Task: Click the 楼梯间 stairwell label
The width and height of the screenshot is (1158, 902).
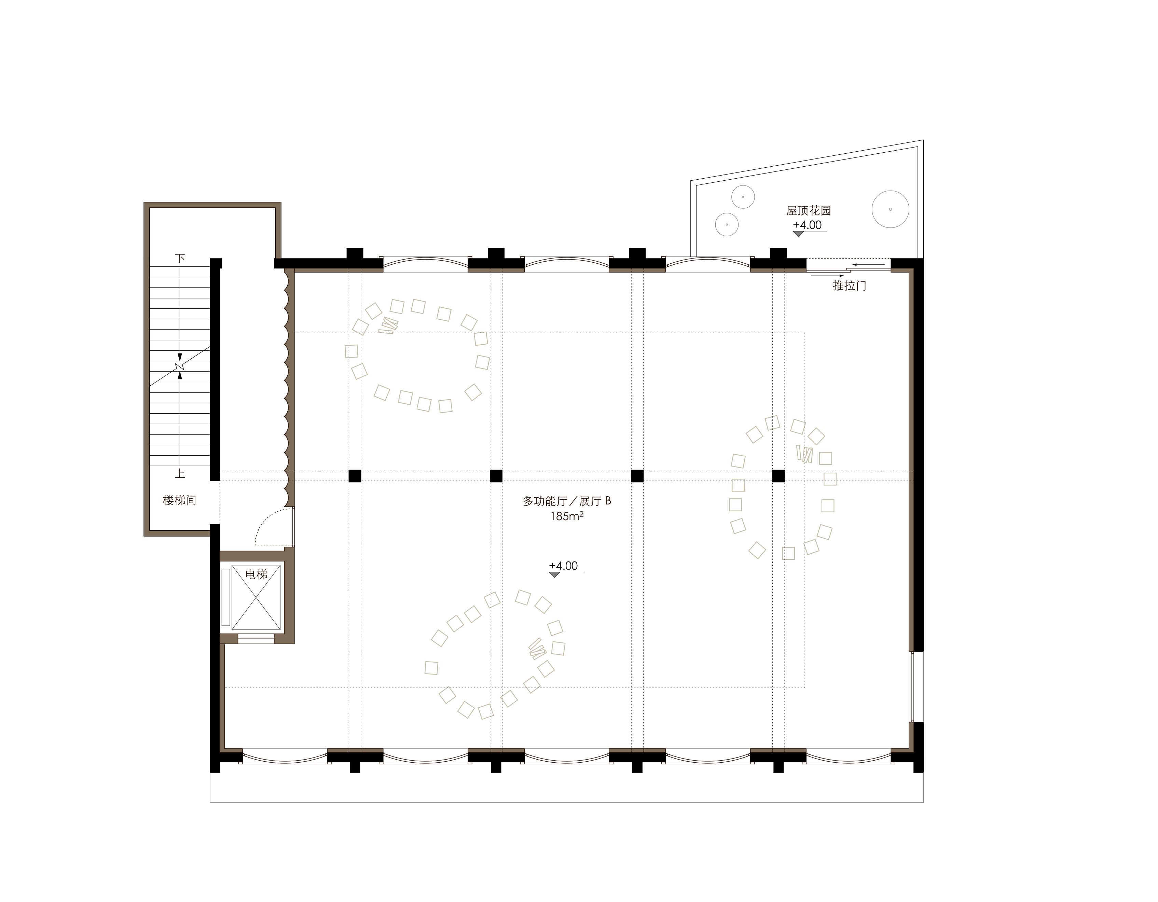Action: click(x=179, y=500)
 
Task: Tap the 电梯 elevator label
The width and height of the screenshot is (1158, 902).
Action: click(x=256, y=574)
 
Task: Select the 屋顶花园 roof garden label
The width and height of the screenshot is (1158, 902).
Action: click(x=809, y=210)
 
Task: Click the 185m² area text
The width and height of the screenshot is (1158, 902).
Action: click(x=567, y=515)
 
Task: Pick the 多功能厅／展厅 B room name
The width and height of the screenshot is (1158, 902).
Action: click(x=567, y=501)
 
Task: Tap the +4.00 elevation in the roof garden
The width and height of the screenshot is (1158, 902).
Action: click(x=807, y=225)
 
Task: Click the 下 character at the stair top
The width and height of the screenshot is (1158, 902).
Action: click(x=180, y=258)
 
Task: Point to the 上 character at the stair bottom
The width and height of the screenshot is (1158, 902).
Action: click(x=180, y=473)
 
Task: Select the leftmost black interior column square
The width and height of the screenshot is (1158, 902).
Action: click(x=355, y=476)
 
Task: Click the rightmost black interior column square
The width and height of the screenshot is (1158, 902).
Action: click(x=778, y=476)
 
